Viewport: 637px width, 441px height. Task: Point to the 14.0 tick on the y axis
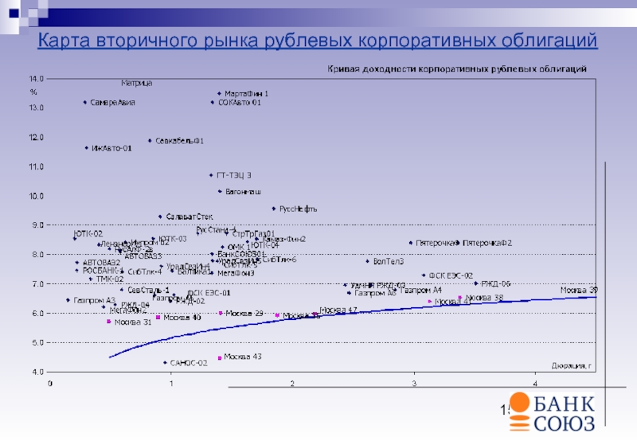[37, 79]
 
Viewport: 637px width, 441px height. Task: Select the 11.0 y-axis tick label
[37, 166]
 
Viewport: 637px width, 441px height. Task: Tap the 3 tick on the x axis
[414, 384]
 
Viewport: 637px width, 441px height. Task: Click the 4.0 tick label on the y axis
[37, 372]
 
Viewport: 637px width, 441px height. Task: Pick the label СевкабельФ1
[179, 142]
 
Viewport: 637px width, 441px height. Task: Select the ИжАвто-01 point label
[111, 148]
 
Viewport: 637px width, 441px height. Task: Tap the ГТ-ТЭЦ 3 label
[234, 175]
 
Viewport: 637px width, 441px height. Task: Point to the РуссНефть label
[299, 209]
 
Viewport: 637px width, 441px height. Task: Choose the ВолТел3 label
[389, 262]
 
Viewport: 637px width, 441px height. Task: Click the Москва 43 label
[243, 357]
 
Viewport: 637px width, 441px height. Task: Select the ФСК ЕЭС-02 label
[451, 275]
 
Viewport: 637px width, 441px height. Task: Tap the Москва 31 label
[133, 322]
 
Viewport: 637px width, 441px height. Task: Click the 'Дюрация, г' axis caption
[572, 366]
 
